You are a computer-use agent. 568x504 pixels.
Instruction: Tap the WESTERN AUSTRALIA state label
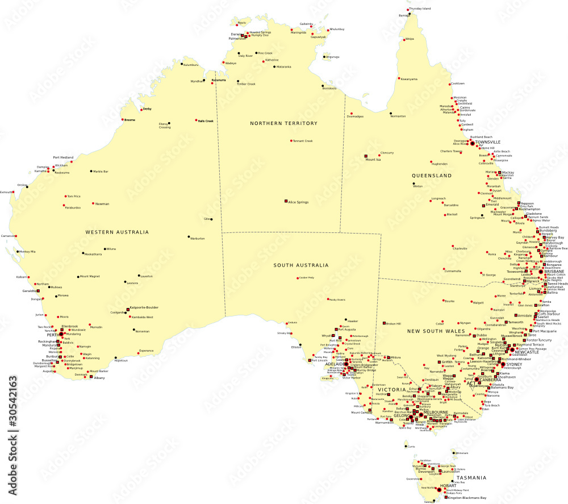coord(117,232)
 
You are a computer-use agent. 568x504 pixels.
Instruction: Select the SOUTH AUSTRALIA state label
coord(300,265)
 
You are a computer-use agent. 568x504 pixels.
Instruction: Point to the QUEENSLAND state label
coord(432,176)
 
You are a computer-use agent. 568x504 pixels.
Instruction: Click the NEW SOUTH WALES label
coord(436,331)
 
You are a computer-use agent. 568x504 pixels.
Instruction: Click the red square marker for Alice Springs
coord(286,201)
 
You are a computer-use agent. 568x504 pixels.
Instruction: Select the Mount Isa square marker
coord(366,156)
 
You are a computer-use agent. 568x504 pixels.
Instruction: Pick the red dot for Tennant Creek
coord(291,141)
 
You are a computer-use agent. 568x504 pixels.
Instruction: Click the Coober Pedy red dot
coord(297,278)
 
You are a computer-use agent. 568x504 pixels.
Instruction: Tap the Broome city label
coord(130,120)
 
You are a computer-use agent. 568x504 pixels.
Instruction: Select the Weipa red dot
coord(404,39)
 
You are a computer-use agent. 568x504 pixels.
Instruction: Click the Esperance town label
coord(146,351)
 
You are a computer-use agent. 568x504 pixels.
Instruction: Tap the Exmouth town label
coord(6,192)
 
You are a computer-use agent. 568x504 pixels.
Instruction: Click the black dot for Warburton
coord(189,238)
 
